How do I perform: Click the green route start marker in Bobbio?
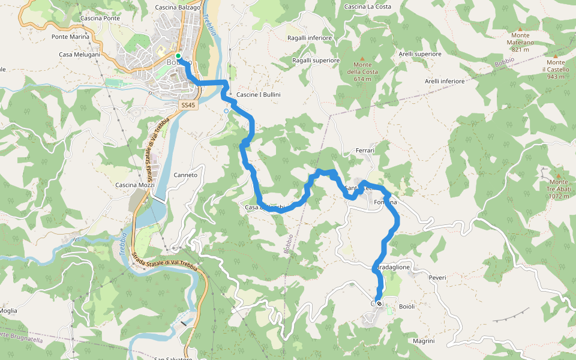pos(178,56)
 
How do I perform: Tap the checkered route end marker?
pos(379,303)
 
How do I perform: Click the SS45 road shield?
pos(188,105)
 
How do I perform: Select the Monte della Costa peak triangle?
pos(362,58)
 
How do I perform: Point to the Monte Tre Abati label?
pos(558,189)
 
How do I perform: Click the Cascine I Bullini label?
pos(259,95)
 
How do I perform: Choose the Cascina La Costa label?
pos(368,7)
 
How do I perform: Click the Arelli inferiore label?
pos(445,81)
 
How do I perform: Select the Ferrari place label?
pos(365,151)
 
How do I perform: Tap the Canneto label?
pos(185,175)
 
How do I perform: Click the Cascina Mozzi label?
pos(136,185)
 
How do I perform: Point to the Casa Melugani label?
pos(79,55)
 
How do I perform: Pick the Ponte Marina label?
pos(70,37)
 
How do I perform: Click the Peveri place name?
pos(437,278)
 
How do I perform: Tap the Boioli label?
pos(407,307)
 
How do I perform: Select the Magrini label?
pos(424,341)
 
